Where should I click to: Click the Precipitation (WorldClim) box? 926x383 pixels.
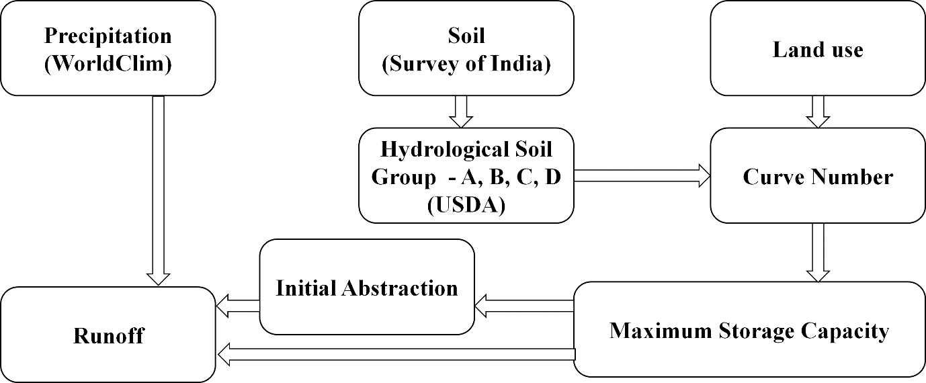coord(108,48)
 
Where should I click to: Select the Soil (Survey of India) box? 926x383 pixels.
coord(466,48)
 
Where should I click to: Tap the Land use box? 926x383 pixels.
coord(817,48)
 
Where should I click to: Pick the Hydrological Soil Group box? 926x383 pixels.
coord(466,176)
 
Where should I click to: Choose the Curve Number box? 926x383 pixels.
coord(817,176)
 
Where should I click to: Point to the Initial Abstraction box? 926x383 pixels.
coord(367,288)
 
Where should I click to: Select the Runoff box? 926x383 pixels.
coord(108,335)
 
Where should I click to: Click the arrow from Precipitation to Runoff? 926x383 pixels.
coord(159,188)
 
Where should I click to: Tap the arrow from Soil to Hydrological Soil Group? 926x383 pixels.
coord(461,112)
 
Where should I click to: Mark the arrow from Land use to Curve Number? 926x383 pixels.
coord(818,112)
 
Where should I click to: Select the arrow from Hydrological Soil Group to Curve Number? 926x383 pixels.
coord(642,176)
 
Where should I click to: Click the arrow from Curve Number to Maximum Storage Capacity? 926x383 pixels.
coord(818,252)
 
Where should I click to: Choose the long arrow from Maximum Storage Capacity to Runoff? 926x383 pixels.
coord(396,353)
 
